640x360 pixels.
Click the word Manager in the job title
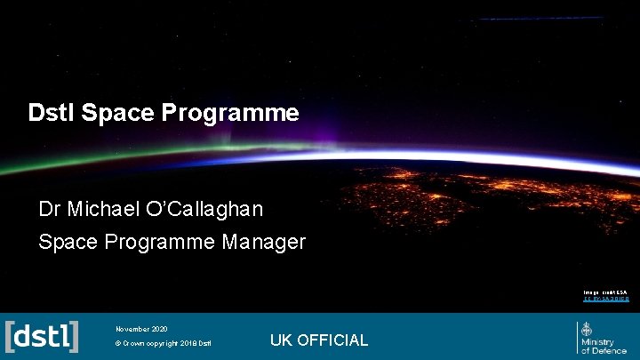[x=265, y=242]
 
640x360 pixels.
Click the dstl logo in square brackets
[x=42, y=336]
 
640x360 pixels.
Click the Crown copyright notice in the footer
[x=164, y=344]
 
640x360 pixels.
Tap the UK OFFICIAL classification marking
[x=318, y=340]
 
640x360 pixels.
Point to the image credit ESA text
[x=605, y=292]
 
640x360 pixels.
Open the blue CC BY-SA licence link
[x=605, y=300]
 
